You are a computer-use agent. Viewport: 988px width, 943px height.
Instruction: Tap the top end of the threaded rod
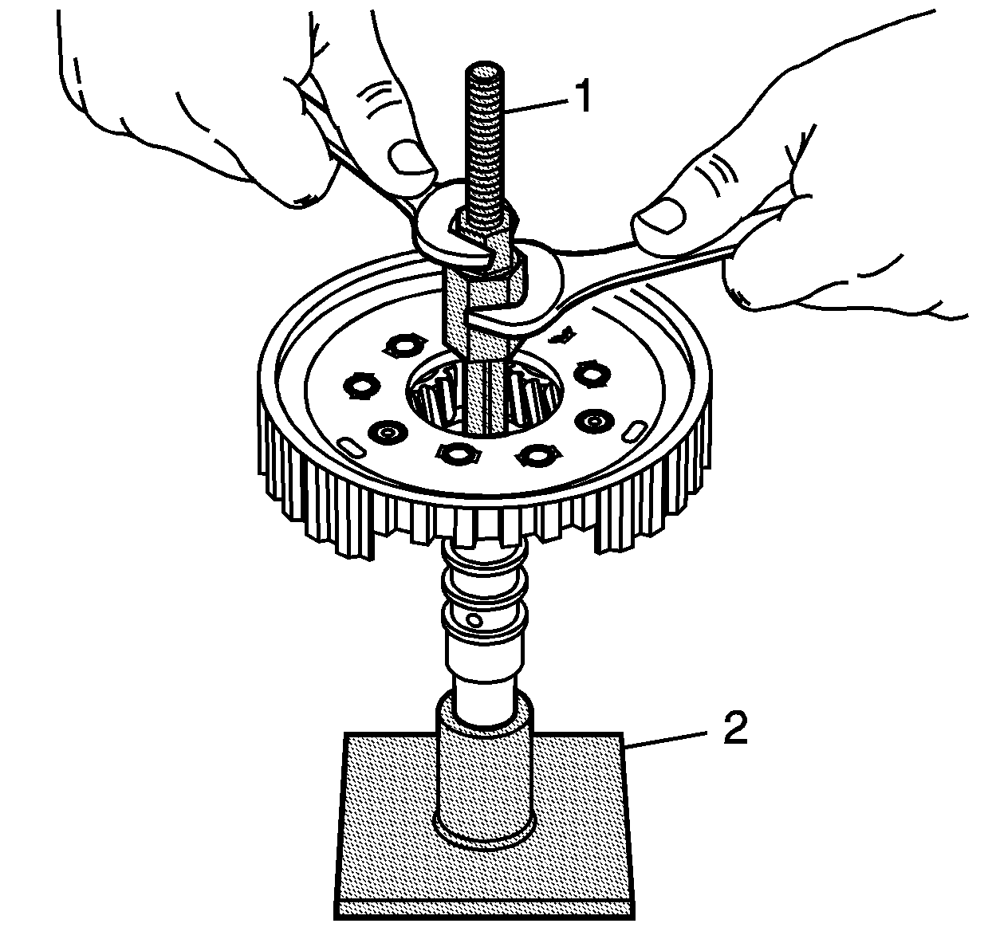(x=484, y=69)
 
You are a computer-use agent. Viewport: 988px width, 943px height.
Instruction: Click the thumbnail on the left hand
(x=409, y=158)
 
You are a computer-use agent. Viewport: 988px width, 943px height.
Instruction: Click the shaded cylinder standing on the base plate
(x=485, y=776)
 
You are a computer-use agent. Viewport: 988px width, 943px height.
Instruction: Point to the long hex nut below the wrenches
(x=484, y=310)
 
